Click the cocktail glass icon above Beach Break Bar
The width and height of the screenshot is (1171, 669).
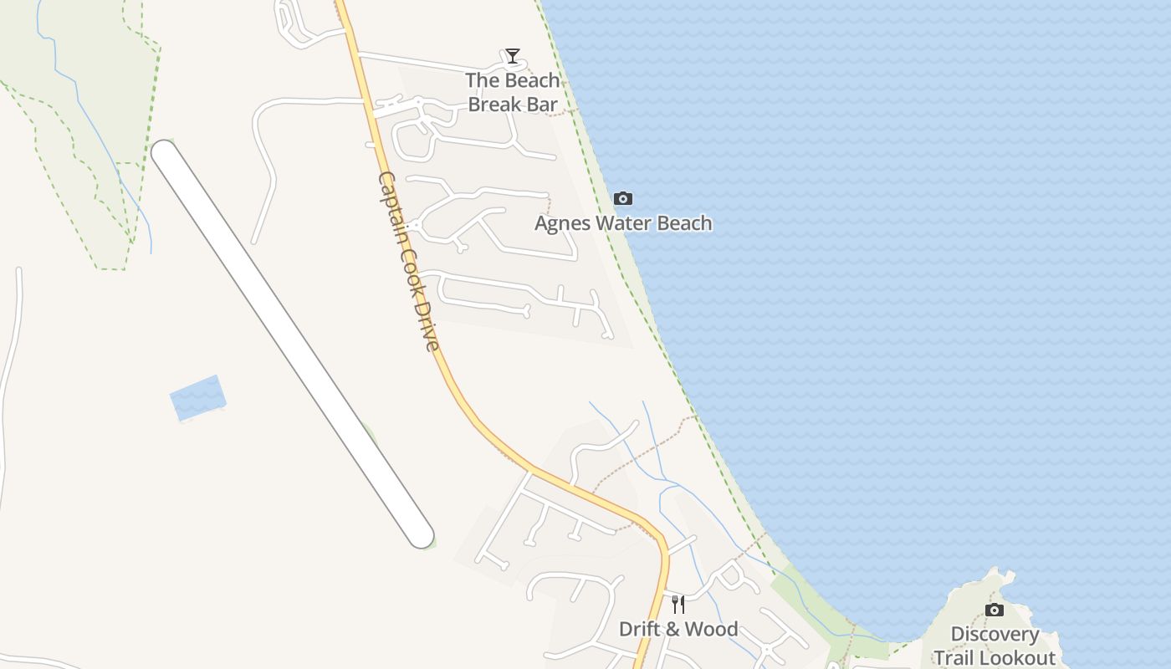(513, 56)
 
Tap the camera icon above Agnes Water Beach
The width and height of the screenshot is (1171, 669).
(623, 199)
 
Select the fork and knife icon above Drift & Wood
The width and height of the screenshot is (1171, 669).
(678, 604)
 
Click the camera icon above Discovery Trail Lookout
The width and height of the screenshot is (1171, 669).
(995, 610)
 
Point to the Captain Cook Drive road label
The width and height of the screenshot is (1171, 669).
(409, 262)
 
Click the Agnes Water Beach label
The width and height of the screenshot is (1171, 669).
(623, 223)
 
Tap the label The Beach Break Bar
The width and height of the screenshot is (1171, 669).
(513, 92)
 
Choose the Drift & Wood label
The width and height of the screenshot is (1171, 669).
(678, 629)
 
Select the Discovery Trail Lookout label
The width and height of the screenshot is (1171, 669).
(995, 646)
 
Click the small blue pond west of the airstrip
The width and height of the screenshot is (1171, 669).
(197, 397)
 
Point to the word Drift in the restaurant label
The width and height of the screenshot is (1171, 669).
(637, 629)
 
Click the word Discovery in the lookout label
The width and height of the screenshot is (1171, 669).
(995, 635)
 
